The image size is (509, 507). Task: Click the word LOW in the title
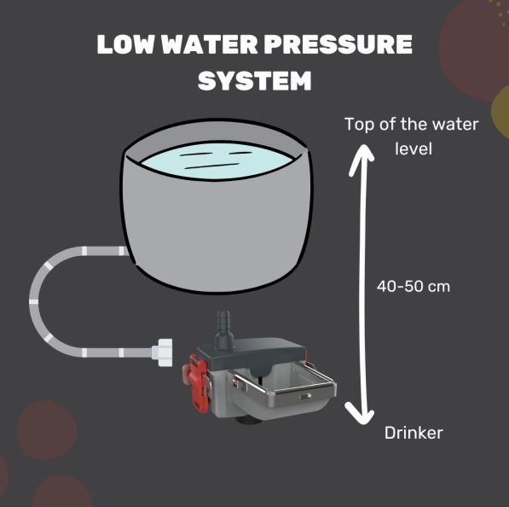pos(125,44)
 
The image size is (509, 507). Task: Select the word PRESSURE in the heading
pos(338,44)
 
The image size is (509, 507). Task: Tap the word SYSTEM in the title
pos(255,80)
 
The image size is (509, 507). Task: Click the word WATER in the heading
pos(209,44)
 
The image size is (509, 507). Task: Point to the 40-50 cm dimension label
pos(414,287)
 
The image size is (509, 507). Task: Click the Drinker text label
pos(414,433)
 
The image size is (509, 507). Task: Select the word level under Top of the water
pos(414,149)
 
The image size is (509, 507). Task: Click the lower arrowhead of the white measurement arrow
pos(359,413)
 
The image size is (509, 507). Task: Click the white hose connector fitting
pos(162,353)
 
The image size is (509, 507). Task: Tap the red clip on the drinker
pos(196,383)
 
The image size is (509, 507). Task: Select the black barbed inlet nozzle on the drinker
pos(223,329)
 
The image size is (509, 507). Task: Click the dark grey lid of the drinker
pos(252,353)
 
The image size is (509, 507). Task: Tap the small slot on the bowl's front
pos(305,397)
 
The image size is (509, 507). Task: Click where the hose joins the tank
pos(127,251)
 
